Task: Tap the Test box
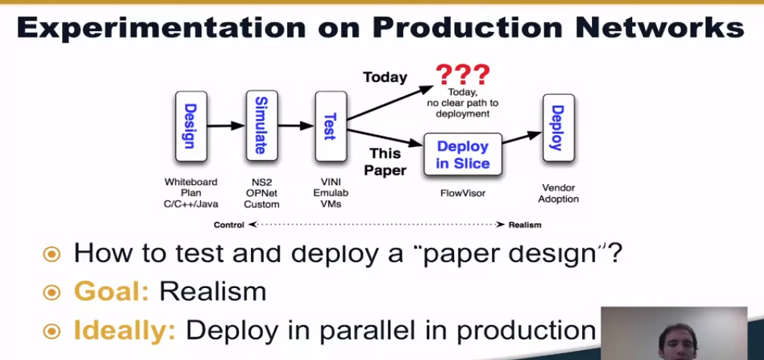point(329,125)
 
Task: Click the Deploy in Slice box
point(462,155)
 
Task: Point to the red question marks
point(462,75)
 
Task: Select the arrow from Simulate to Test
point(294,126)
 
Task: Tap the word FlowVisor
point(462,193)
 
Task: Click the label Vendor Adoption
point(559,193)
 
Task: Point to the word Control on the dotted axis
point(229,224)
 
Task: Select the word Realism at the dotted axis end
point(524,224)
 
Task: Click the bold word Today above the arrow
point(384,77)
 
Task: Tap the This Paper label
point(385,161)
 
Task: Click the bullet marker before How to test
point(51,253)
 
